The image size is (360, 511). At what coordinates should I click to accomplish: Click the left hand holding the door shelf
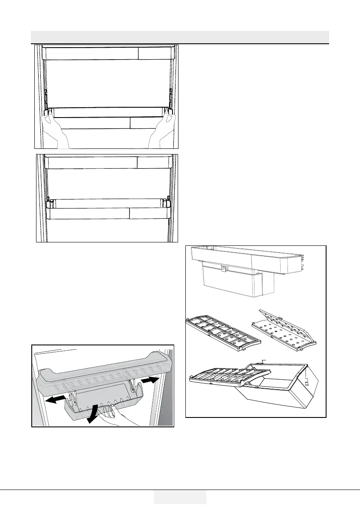[54, 131]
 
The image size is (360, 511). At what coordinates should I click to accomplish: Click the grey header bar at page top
[180, 36]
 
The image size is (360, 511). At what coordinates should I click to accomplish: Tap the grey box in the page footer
[180, 497]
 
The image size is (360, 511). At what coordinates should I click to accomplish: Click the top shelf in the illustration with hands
[108, 53]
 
